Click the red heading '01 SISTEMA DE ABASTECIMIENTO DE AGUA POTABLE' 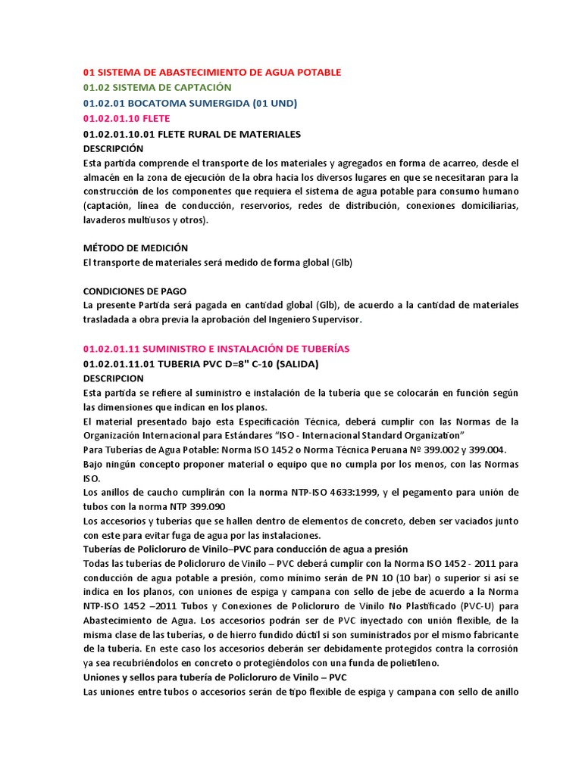tap(212, 73)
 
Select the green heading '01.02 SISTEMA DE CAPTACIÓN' tap(157, 88)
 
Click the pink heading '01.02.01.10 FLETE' tap(127, 119)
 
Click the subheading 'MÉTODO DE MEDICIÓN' tap(135, 248)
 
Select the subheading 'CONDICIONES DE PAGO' tap(134, 291)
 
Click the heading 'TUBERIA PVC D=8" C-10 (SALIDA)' tap(201, 363)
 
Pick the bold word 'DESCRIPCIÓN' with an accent tap(113, 149)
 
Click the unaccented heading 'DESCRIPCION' tap(112, 378)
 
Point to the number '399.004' tap(486, 450)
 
